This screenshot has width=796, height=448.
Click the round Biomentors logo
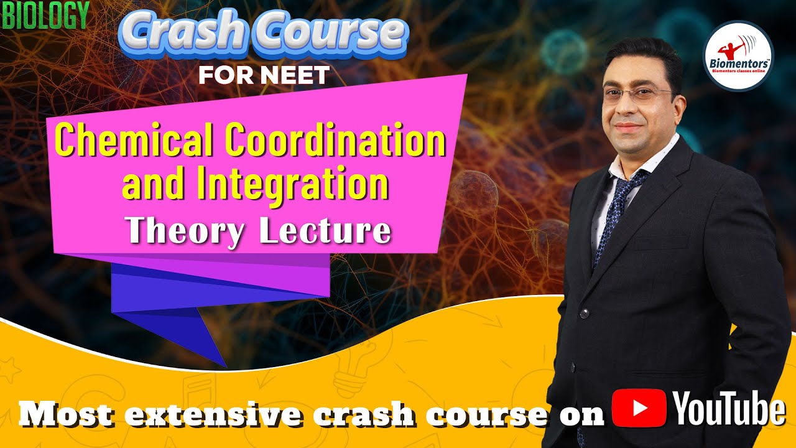point(738,56)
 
